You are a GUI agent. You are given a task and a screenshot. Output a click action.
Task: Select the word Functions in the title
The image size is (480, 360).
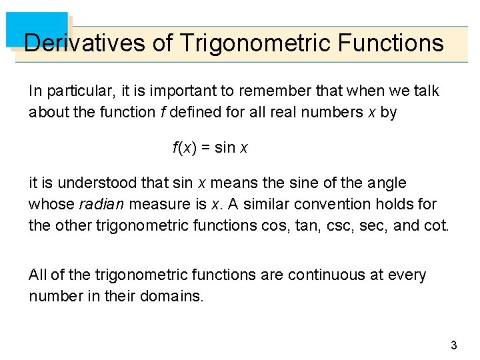coord(391,43)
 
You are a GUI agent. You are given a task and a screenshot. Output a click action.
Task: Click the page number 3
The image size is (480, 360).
coord(453,345)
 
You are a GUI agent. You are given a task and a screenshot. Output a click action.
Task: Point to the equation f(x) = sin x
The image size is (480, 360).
coord(210,148)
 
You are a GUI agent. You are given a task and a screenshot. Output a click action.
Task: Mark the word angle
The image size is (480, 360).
coord(387,183)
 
